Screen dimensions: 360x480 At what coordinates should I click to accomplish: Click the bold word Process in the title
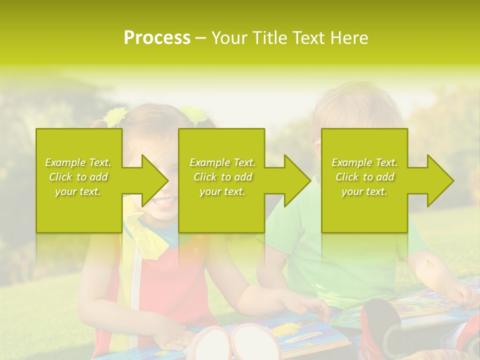click(x=157, y=38)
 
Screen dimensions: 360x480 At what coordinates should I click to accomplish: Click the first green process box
click(x=79, y=210)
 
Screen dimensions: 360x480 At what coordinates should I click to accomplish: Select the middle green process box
click(x=221, y=210)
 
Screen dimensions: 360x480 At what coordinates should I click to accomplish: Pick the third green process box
click(x=364, y=210)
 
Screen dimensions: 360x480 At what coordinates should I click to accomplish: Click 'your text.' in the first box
click(x=78, y=191)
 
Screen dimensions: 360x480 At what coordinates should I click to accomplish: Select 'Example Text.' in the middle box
click(x=222, y=162)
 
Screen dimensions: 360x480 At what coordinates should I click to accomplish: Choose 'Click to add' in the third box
click(x=364, y=177)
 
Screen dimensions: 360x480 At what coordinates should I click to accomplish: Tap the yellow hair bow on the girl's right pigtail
click(x=193, y=115)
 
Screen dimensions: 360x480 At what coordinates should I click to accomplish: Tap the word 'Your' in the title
click(x=231, y=38)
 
